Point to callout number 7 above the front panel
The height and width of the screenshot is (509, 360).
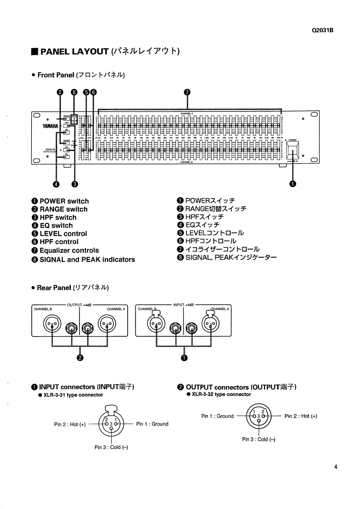click(187, 92)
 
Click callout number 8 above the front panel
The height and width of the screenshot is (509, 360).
click(74, 92)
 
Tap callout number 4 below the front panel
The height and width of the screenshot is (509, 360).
click(56, 184)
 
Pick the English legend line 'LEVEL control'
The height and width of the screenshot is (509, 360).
click(63, 234)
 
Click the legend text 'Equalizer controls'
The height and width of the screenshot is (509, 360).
click(69, 250)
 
